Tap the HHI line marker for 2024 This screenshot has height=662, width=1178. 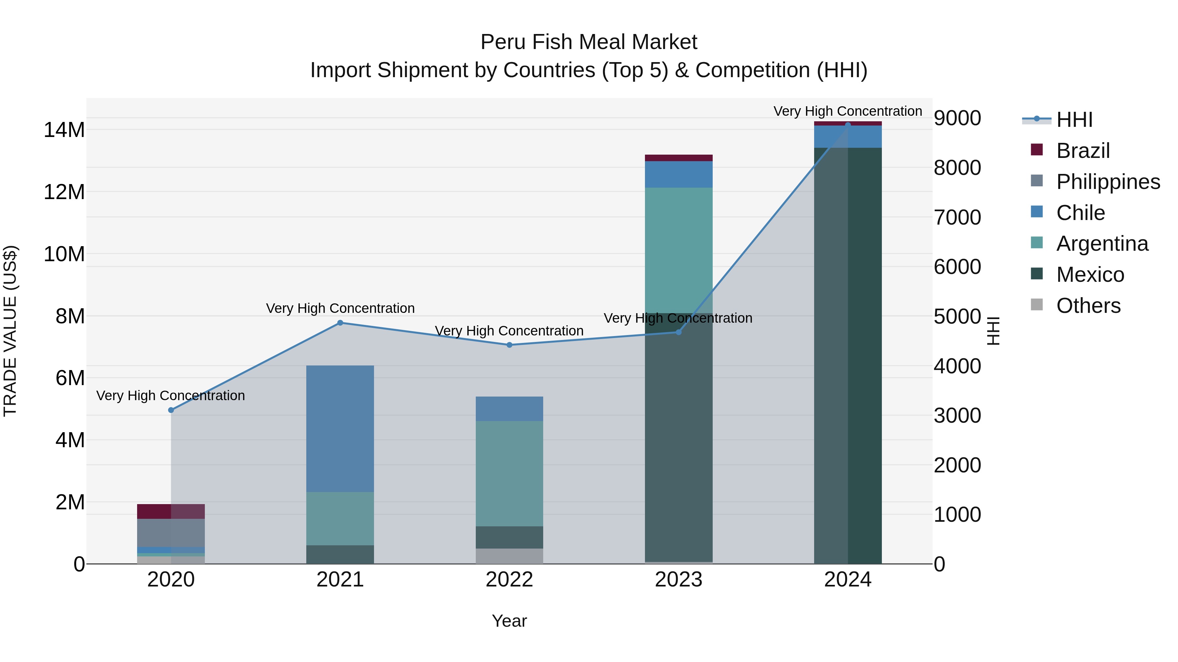point(848,125)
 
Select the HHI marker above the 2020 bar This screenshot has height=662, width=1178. point(171,410)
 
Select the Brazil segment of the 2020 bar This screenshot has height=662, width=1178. point(171,511)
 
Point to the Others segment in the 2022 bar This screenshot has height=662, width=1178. point(509,556)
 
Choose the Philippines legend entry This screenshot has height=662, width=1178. point(1108,182)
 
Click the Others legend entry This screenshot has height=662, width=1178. point(1088,306)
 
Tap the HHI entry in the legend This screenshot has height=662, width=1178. point(1074,120)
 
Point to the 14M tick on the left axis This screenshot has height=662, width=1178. point(64,130)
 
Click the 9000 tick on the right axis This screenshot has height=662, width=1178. point(957,118)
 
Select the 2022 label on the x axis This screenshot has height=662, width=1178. point(509,580)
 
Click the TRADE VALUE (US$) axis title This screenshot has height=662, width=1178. point(10,331)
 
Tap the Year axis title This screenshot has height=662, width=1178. point(509,621)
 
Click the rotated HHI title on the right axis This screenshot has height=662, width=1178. point(993,331)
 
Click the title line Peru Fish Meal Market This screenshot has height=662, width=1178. point(589,42)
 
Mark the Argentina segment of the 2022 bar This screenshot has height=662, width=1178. point(509,473)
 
